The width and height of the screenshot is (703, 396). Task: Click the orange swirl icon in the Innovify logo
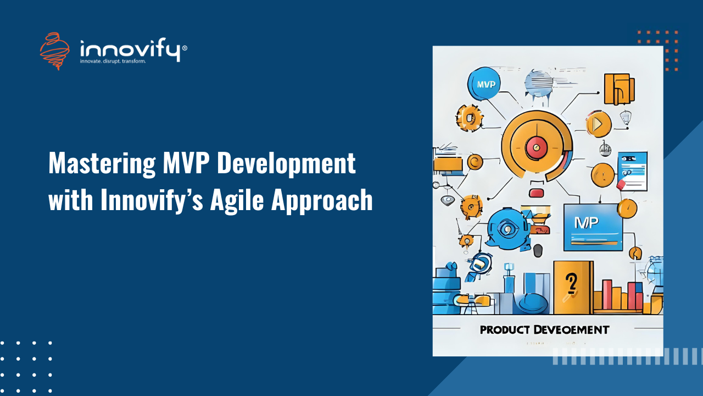54,51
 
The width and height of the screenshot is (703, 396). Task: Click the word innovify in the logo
130,50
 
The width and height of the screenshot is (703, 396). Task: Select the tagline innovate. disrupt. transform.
113,62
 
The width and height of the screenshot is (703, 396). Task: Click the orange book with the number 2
572,287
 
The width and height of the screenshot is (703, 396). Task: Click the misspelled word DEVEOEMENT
571,330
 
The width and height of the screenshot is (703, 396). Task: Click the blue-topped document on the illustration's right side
633,171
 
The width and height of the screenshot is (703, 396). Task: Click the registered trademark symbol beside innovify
184,48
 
